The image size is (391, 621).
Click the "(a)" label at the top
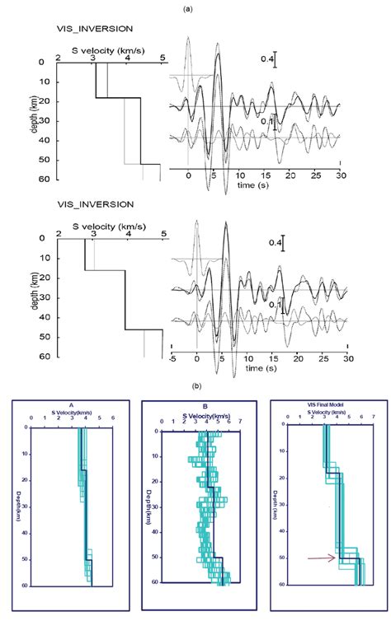click(x=195, y=7)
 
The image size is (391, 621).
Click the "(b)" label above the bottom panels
click(x=195, y=385)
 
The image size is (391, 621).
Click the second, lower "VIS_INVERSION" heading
click(x=89, y=203)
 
